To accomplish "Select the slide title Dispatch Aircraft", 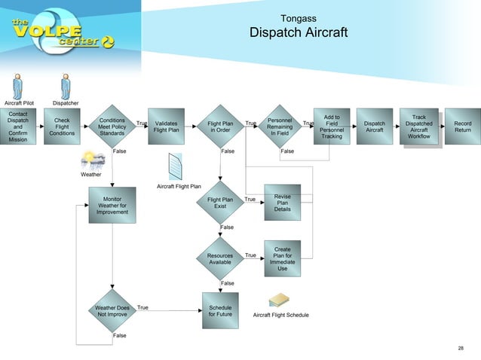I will pyautogui.click(x=299, y=33).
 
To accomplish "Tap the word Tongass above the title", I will pyautogui.click(x=298, y=18).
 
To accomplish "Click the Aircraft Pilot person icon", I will pyautogui.click(x=19, y=87).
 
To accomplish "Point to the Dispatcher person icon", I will pyautogui.click(x=66, y=87).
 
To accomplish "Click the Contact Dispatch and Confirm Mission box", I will pyautogui.click(x=18, y=127).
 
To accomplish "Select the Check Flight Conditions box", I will pyautogui.click(x=62, y=127).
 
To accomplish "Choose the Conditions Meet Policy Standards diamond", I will pyautogui.click(x=112, y=127).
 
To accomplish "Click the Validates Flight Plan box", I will pyautogui.click(x=166, y=127).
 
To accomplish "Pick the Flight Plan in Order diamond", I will pyautogui.click(x=220, y=127).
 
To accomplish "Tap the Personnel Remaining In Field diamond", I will pyautogui.click(x=280, y=127).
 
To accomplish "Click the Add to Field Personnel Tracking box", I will pyautogui.click(x=332, y=127).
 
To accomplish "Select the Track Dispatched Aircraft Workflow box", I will pyautogui.click(x=418, y=127).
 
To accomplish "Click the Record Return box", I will pyautogui.click(x=462, y=127).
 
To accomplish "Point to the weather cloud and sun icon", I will pyautogui.click(x=93, y=160).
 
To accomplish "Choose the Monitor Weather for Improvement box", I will pyautogui.click(x=112, y=206).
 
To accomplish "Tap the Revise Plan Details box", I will pyautogui.click(x=282, y=203).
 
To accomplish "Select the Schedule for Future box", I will pyautogui.click(x=220, y=311).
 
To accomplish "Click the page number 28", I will pyautogui.click(x=461, y=348).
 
